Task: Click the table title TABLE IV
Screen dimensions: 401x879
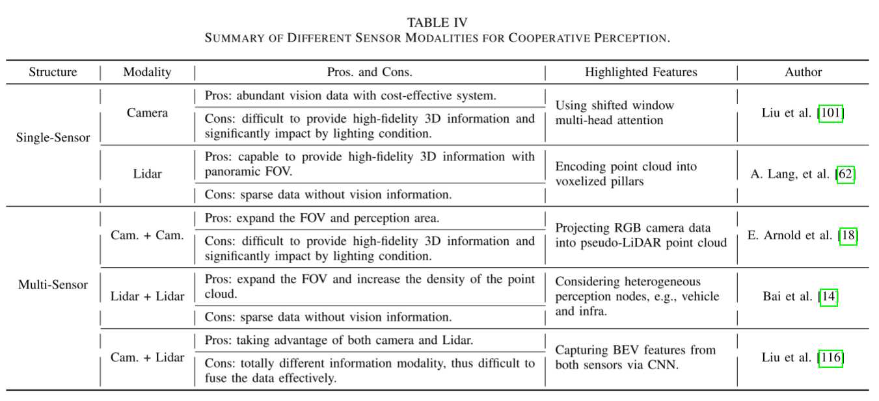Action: [437, 23]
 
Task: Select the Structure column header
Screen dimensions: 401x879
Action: [53, 72]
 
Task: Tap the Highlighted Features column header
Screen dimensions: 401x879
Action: [641, 72]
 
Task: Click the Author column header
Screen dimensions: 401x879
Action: [803, 72]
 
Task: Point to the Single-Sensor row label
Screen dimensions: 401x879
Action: [53, 137]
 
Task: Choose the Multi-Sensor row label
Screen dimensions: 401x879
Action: [53, 285]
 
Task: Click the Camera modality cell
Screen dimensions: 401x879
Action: [147, 113]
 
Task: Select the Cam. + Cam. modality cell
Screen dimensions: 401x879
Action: [147, 235]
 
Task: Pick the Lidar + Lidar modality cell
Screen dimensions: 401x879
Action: [147, 296]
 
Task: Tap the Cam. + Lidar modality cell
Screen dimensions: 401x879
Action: [147, 357]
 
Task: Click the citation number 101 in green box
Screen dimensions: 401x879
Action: [830, 113]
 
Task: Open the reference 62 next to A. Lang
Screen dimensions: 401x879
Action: [845, 174]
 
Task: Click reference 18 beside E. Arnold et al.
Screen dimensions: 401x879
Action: [848, 235]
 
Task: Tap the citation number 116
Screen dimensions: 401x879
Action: [830, 357]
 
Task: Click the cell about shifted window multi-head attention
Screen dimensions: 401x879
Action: [614, 112]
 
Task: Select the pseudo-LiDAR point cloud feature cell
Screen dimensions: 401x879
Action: [640, 235]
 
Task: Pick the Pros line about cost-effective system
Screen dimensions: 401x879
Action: [350, 96]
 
